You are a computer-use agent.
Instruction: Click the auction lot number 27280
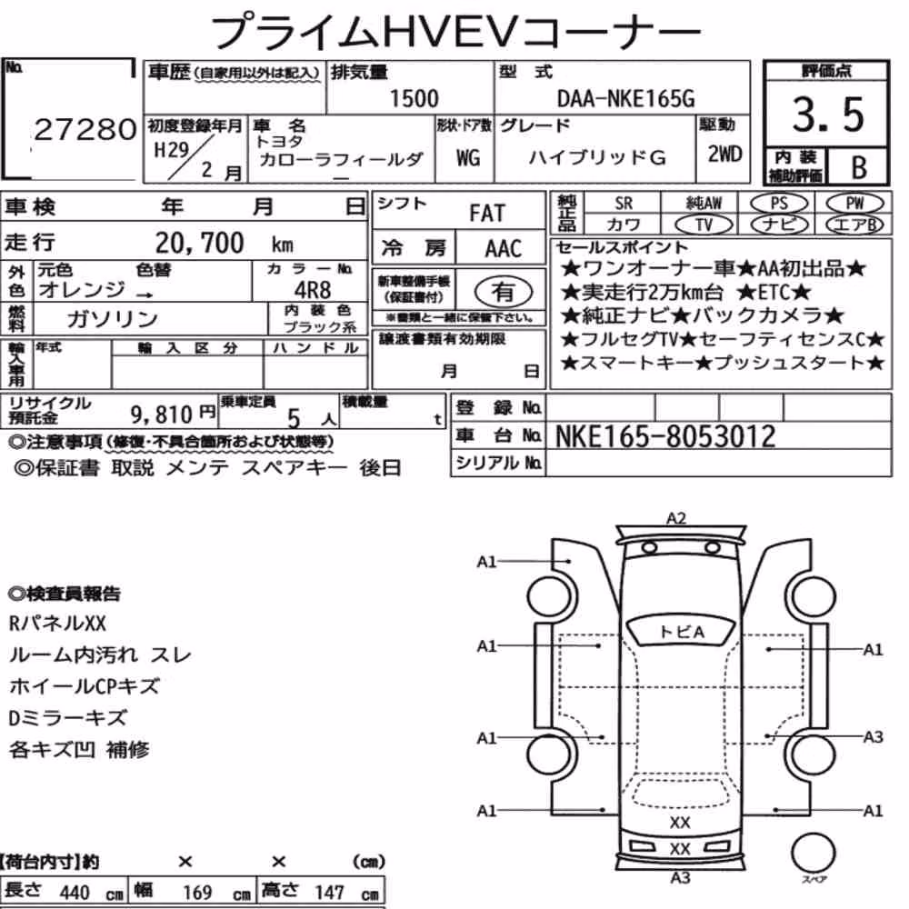coord(85,129)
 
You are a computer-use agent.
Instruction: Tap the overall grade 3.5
coord(828,115)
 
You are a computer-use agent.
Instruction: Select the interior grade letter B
coord(859,167)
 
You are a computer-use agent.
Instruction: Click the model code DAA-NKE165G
coord(625,99)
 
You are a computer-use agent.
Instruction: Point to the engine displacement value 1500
coord(414,98)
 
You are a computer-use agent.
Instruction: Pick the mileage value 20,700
coord(199,243)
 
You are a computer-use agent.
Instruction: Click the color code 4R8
coord(313,289)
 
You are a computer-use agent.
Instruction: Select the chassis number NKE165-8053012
coord(665,436)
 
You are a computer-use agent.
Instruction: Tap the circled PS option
coord(779,204)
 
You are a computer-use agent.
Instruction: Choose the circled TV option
coord(704,225)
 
